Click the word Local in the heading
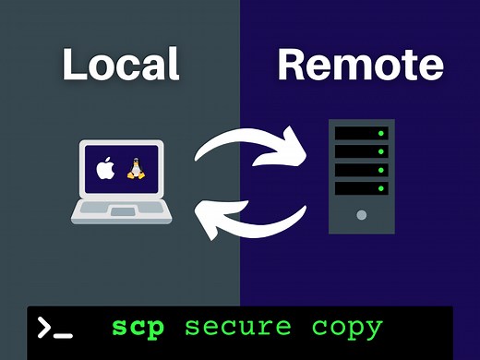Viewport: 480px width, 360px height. [121, 66]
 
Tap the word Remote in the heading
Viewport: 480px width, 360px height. [359, 66]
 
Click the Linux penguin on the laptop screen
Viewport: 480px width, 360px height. [137, 170]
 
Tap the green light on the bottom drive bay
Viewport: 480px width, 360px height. [379, 188]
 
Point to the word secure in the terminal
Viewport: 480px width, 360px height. [237, 328]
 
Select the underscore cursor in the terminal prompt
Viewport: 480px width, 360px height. [64, 335]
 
